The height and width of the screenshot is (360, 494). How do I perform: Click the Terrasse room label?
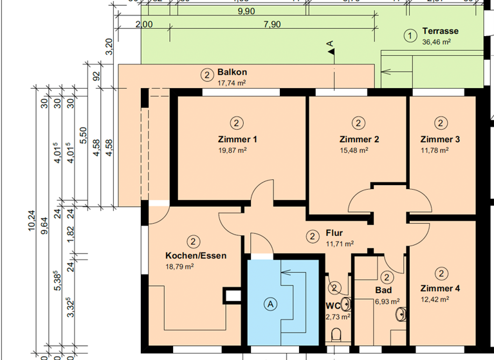click(441, 32)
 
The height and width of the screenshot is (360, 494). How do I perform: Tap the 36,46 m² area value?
click(435, 42)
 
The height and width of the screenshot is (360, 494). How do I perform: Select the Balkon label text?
click(232, 73)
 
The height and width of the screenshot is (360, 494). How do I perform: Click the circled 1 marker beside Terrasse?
click(409, 36)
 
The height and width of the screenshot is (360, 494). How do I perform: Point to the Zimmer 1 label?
click(237, 139)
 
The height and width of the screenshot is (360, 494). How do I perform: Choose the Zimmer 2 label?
click(359, 139)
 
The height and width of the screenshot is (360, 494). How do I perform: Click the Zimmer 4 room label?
click(441, 289)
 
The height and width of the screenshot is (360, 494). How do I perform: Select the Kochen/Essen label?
click(196, 255)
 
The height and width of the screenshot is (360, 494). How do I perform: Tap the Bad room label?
click(383, 291)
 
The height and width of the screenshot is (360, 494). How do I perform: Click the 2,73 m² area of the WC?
click(338, 316)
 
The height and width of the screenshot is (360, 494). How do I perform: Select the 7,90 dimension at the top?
click(271, 24)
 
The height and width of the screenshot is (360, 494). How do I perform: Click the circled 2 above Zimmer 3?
click(441, 123)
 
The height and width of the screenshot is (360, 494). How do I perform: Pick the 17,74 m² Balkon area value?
click(232, 83)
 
